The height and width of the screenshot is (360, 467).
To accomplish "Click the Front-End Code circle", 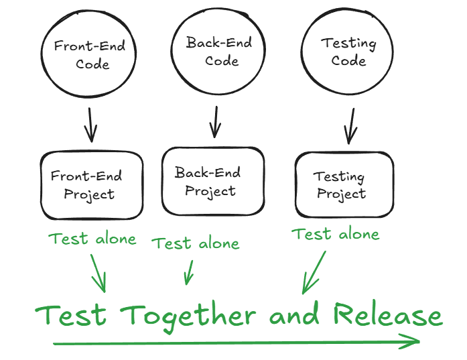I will tap(90, 55).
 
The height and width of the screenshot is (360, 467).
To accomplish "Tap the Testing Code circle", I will tap(348, 52).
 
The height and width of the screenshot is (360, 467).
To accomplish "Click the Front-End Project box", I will tap(92, 185).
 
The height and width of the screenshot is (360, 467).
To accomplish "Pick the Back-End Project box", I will tap(213, 181).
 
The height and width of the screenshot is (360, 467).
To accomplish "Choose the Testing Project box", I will tap(342, 185).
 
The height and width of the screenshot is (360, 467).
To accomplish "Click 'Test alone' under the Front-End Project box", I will tap(92, 239).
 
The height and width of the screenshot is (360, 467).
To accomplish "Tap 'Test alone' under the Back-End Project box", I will tap(196, 243).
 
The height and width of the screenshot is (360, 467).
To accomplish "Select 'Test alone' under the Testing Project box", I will tap(336, 234).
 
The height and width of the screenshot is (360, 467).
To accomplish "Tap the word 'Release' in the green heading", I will tap(388, 315).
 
